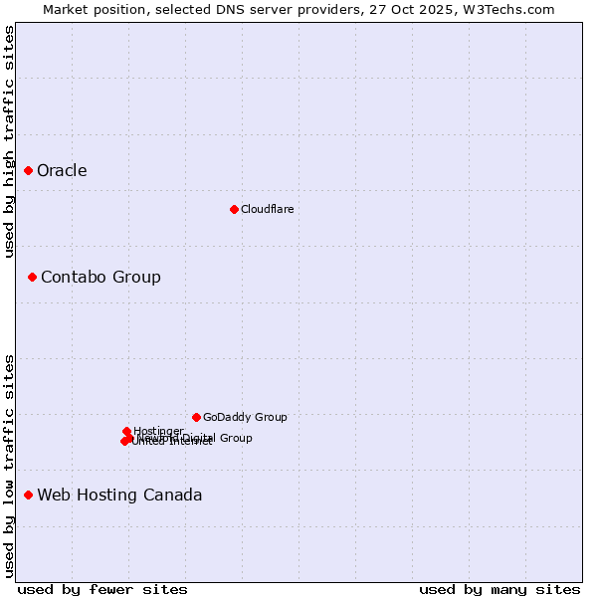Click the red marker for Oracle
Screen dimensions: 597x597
coord(28,171)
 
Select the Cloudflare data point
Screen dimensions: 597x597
coord(234,209)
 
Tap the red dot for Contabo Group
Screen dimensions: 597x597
coord(32,277)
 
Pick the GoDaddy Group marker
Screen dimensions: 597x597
coord(196,417)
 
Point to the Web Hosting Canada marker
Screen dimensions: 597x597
coord(28,495)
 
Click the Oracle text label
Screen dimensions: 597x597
coord(62,171)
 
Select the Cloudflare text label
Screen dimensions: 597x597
coord(267,209)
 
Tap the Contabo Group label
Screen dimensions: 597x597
coord(100,277)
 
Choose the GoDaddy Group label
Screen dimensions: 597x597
coord(245,417)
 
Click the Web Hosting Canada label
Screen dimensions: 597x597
coord(119,495)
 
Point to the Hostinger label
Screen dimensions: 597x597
coord(158,431)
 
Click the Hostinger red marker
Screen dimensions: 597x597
coord(126,431)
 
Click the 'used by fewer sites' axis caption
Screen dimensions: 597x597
coord(102,589)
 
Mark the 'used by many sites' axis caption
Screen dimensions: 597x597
coord(499,589)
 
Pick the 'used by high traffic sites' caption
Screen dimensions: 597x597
coord(9,141)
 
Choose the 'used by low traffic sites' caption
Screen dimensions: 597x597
coord(9,466)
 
